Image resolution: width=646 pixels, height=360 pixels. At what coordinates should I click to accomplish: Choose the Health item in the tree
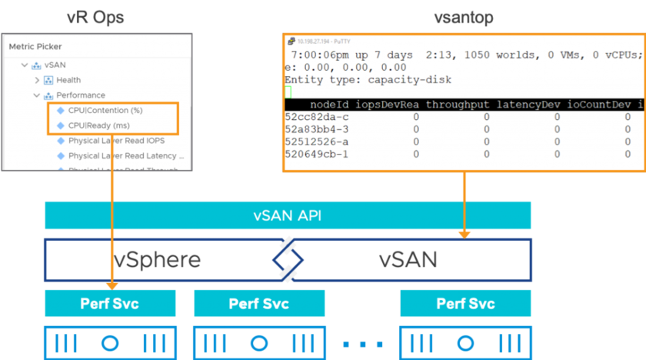pos(68,80)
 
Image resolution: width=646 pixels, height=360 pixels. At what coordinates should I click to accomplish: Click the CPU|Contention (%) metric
pos(105,111)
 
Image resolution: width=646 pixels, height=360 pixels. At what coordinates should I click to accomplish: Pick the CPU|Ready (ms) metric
pos(98,125)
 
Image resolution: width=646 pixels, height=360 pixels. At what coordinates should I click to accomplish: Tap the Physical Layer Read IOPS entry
pos(115,141)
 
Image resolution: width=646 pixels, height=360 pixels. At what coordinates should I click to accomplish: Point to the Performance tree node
pos(80,95)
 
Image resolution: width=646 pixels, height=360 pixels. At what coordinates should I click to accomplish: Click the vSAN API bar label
pos(287,215)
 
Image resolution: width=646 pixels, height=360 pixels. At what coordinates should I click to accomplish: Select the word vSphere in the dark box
pos(157,259)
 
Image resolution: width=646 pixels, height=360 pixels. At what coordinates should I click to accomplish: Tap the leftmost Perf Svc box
pos(110,303)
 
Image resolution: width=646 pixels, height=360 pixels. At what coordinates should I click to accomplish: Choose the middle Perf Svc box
pos(258,303)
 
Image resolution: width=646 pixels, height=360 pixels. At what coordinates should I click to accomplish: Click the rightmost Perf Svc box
pos(465,303)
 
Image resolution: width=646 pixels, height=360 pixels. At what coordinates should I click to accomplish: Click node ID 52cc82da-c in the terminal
pos(317,117)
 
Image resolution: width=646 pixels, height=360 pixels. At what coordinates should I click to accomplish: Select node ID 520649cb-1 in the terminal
pos(317,154)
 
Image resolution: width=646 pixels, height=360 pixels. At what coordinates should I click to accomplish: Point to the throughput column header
pos(458,104)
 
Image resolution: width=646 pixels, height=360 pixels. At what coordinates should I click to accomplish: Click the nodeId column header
pos(331,104)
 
